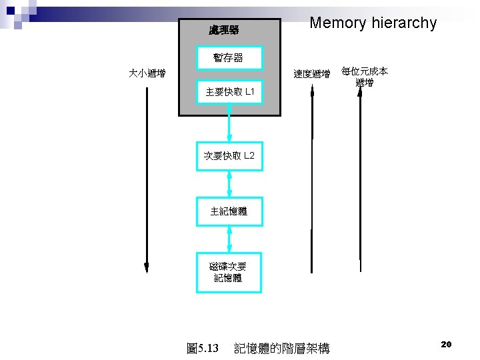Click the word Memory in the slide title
339,23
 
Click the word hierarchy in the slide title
405,23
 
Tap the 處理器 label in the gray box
224,30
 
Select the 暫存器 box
229,58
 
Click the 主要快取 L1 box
229,91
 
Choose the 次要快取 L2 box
229,156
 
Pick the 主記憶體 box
229,211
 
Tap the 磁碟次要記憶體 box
229,272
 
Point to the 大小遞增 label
147,73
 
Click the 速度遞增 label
312,74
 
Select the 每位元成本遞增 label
364,77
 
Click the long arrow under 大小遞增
147,180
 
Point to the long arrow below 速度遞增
312,180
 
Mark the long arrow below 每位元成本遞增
360,180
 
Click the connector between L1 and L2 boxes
229,123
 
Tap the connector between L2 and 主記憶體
229,183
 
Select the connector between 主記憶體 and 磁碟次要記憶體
229,239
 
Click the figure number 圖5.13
203,348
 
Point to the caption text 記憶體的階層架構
282,348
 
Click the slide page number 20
447,344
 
